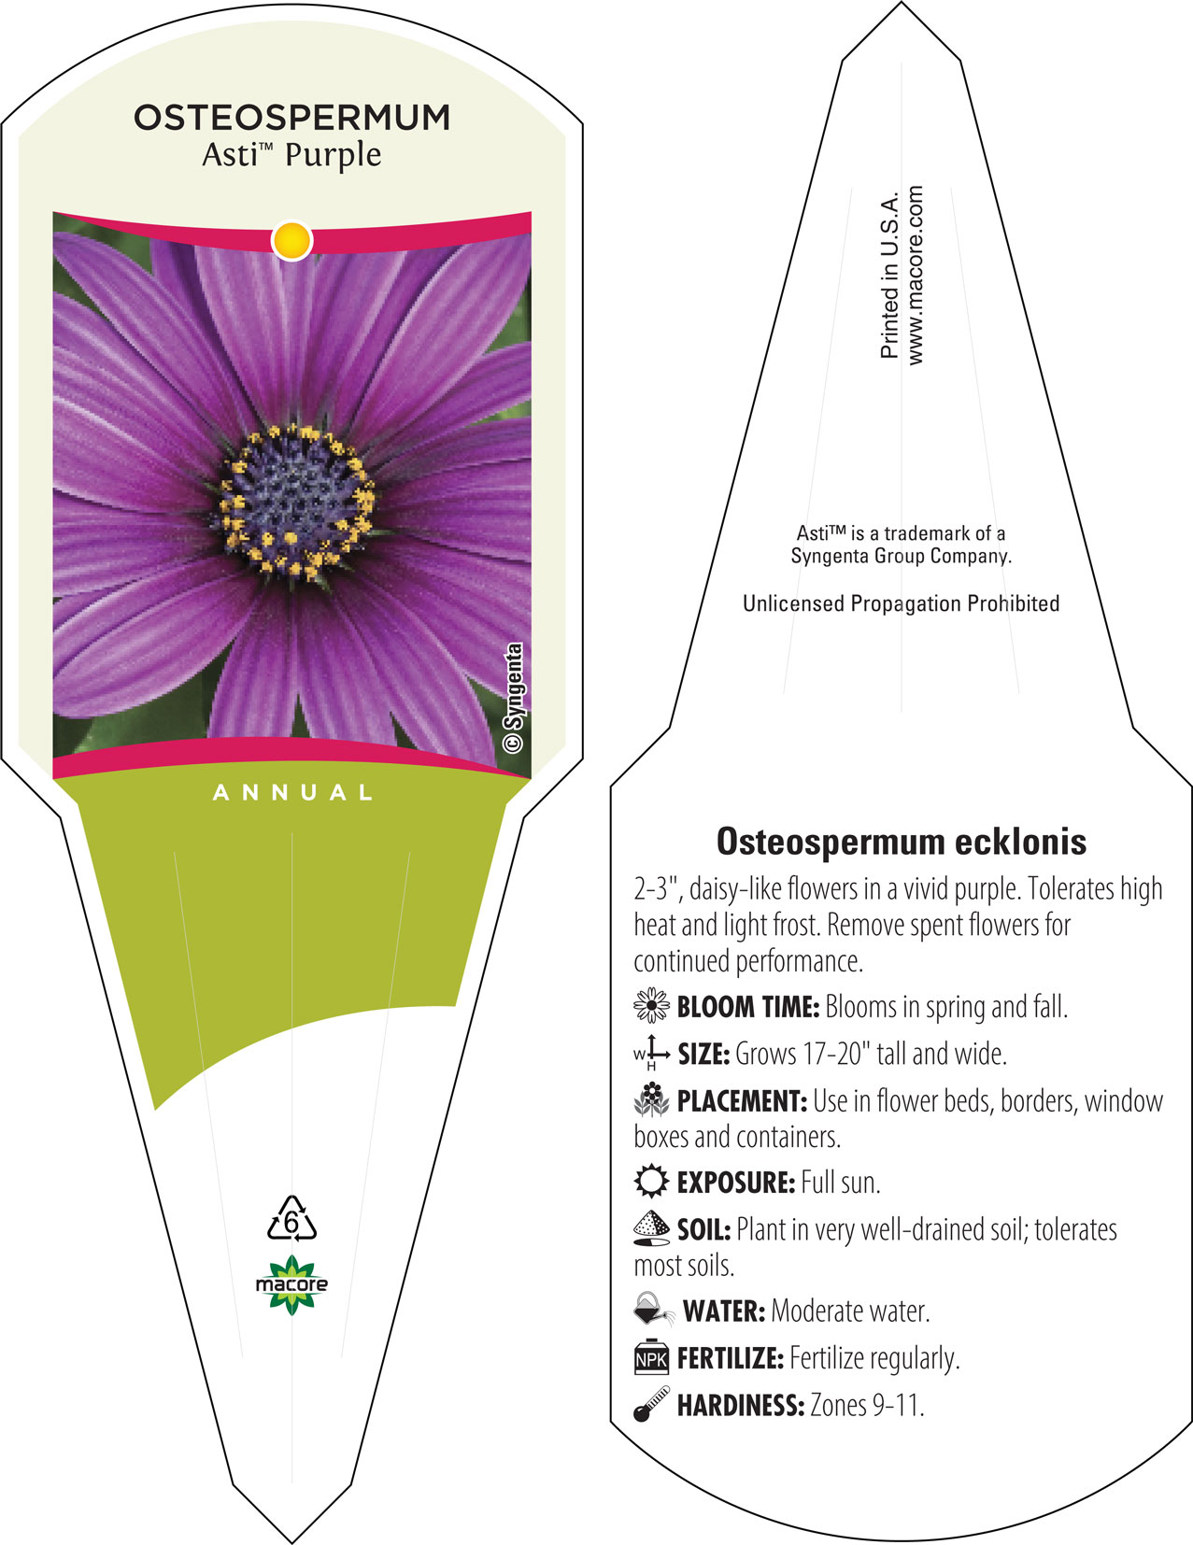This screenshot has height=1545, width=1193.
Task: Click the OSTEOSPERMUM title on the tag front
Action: pos(292,118)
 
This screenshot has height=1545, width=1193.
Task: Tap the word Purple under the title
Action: pos(333,156)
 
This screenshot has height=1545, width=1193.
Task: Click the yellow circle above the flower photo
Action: pos(292,240)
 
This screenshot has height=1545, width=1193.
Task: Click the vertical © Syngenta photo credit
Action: pos(513,698)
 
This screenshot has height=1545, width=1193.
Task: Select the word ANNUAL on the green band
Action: pos(292,793)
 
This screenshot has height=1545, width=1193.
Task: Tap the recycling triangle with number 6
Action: pos(291,1218)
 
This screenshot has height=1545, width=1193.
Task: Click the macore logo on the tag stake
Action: pos(291,1284)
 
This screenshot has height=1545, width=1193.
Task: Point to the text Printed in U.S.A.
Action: pos(889,275)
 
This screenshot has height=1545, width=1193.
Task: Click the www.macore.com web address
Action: pos(915,276)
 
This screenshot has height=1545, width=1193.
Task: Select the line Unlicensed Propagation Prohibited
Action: pos(901,603)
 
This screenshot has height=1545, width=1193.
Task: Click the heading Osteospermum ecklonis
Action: pos(901,841)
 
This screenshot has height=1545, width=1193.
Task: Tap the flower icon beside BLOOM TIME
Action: pos(651,1005)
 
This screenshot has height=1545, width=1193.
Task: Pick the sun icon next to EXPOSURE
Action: pos(651,1182)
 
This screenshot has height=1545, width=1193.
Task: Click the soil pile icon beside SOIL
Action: pos(651,1228)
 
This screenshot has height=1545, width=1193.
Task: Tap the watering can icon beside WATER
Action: pos(653,1309)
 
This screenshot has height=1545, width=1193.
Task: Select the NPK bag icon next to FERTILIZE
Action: pos(651,1357)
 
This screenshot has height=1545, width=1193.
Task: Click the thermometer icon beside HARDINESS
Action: pos(651,1404)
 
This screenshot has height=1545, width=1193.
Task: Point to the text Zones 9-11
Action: pos(867,1405)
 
